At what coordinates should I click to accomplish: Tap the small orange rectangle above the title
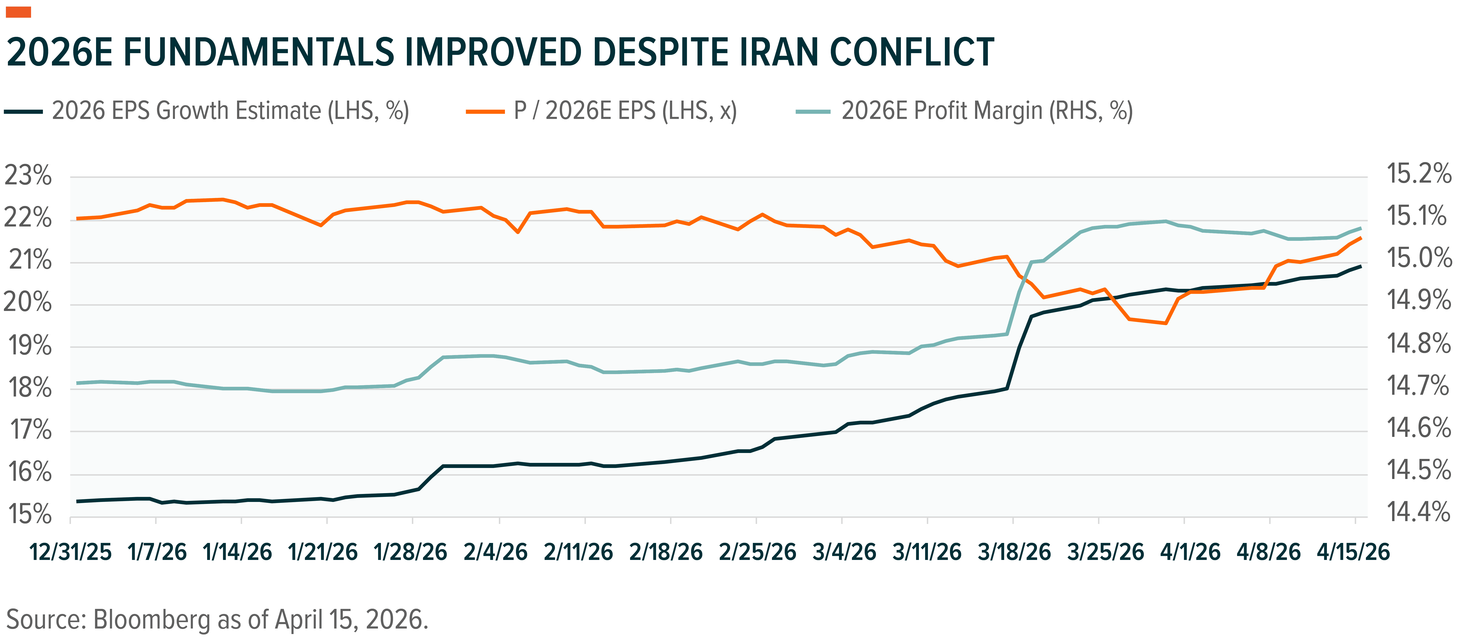(x=18, y=12)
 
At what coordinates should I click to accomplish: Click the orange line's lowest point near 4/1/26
(x=1165, y=323)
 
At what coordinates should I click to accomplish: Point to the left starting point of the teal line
(x=77, y=383)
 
